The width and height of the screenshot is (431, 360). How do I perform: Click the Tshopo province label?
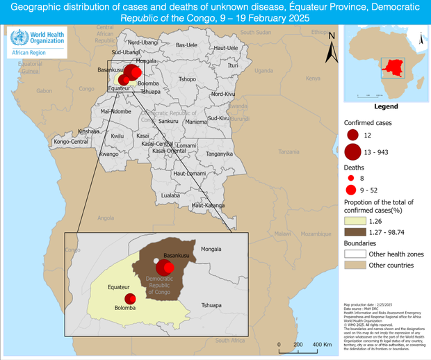(x=188, y=79)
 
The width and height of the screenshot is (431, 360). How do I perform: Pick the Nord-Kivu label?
(x=223, y=94)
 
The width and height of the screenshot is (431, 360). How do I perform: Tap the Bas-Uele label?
(x=186, y=45)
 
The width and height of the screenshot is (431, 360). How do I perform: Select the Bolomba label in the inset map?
(x=125, y=307)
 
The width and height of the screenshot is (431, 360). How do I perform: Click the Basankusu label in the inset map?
(x=175, y=255)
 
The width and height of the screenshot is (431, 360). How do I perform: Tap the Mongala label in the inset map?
(x=211, y=249)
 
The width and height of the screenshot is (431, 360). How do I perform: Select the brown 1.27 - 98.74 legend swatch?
(x=355, y=231)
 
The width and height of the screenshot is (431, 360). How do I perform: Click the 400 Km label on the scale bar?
(x=321, y=345)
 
